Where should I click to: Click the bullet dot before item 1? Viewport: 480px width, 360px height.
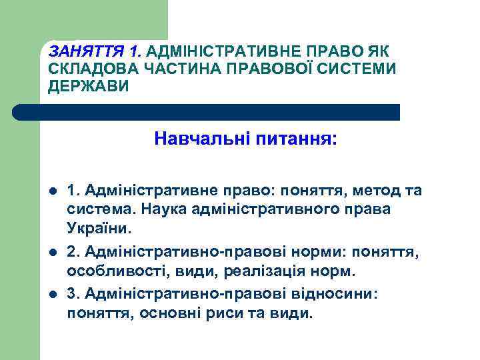pos(53,192)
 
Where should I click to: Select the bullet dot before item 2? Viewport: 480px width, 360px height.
pos(53,253)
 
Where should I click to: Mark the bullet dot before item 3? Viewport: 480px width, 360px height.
pos(53,295)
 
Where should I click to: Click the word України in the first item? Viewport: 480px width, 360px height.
pos(100,228)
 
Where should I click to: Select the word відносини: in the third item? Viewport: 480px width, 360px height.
pos(337,294)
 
